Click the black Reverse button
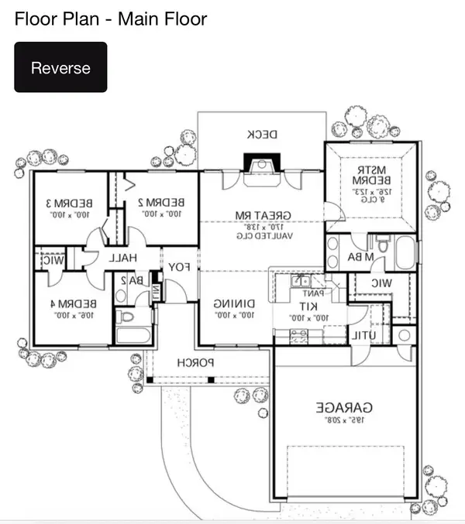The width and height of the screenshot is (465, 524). pyautogui.click(x=60, y=67)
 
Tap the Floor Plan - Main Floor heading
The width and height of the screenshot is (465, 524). pyautogui.click(x=111, y=19)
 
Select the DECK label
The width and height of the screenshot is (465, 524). pyautogui.click(x=262, y=134)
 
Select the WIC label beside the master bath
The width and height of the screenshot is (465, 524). pyautogui.click(x=381, y=284)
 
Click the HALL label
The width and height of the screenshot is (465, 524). pyautogui.click(x=122, y=258)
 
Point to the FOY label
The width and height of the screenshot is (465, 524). pyautogui.click(x=180, y=267)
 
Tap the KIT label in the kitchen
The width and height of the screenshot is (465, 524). pyautogui.click(x=298, y=306)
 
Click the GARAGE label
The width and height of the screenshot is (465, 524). pyautogui.click(x=344, y=406)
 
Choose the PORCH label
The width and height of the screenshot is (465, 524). pyautogui.click(x=195, y=362)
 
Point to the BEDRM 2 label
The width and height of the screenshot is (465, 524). pyautogui.click(x=160, y=203)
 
